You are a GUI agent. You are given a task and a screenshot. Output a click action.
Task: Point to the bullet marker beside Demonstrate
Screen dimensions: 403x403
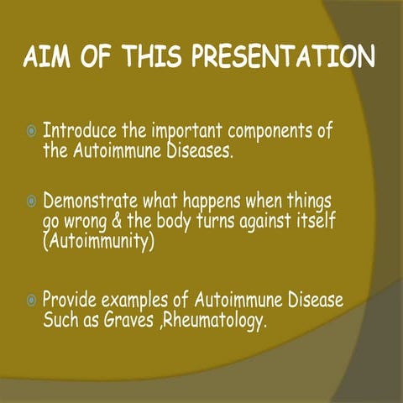pyautogui.click(x=31, y=203)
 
